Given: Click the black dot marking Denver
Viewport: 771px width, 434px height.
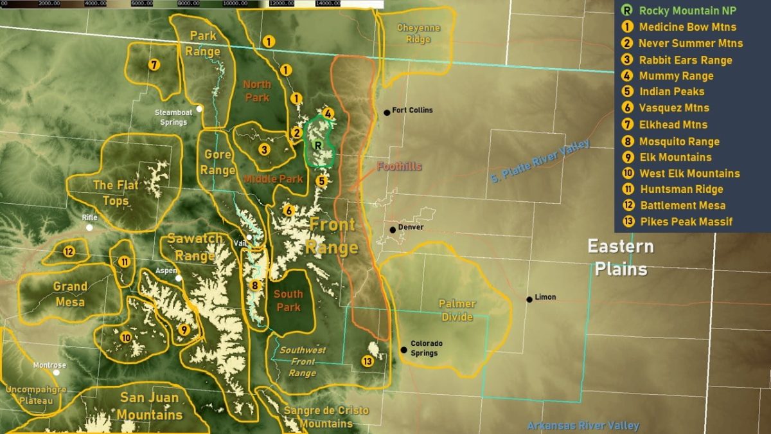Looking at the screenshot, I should [x=393, y=230].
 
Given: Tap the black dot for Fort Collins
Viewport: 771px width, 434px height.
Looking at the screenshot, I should [x=387, y=113].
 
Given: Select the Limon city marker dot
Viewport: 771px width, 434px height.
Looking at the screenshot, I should [x=529, y=299].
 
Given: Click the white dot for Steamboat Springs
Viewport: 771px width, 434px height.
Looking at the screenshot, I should [x=200, y=109].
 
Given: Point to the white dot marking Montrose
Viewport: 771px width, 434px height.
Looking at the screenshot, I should [x=57, y=372].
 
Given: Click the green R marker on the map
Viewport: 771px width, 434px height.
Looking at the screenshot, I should [x=317, y=146].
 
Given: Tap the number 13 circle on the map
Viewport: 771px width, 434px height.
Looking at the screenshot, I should [x=368, y=361].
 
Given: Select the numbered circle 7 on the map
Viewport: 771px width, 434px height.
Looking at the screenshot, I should [x=154, y=65].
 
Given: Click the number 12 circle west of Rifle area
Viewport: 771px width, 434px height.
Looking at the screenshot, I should [x=69, y=252].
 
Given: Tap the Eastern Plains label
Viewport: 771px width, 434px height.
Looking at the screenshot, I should [x=621, y=257].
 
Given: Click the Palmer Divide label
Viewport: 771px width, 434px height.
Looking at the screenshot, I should [x=457, y=310].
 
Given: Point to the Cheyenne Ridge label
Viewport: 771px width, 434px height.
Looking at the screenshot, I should [x=418, y=33].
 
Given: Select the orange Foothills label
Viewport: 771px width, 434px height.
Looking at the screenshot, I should [x=399, y=167].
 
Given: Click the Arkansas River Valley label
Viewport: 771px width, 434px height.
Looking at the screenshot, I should [x=583, y=426].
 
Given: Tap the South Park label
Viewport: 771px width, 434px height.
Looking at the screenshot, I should [x=288, y=301].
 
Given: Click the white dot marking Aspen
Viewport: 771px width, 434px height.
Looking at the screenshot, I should [x=179, y=278].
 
